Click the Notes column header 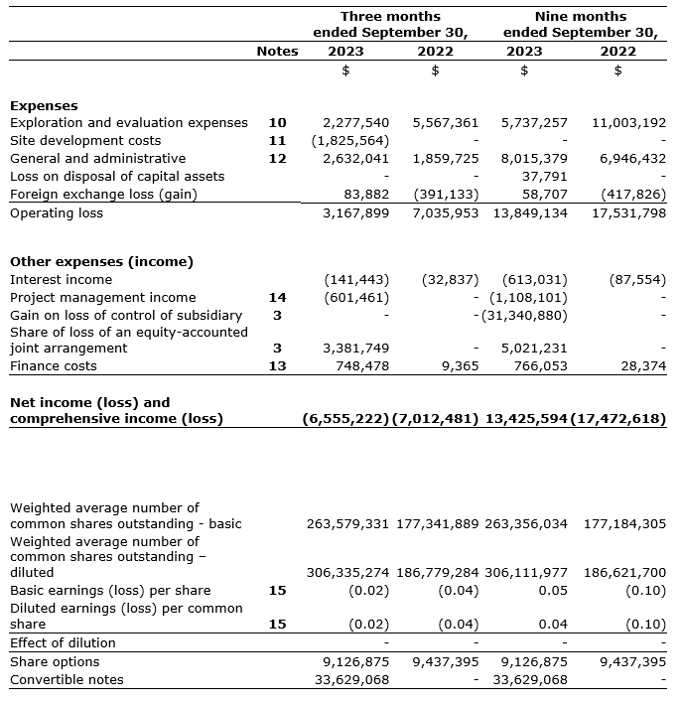click(x=277, y=51)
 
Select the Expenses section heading click(x=44, y=105)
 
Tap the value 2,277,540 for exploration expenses click(x=356, y=123)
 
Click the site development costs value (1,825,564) click(x=356, y=141)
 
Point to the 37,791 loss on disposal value click(x=545, y=177)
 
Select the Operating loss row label click(x=57, y=213)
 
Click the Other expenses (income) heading click(x=101, y=262)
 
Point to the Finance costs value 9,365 click(x=457, y=366)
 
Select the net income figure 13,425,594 click(x=527, y=419)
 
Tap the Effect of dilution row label click(x=63, y=643)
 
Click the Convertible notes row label click(x=67, y=680)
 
